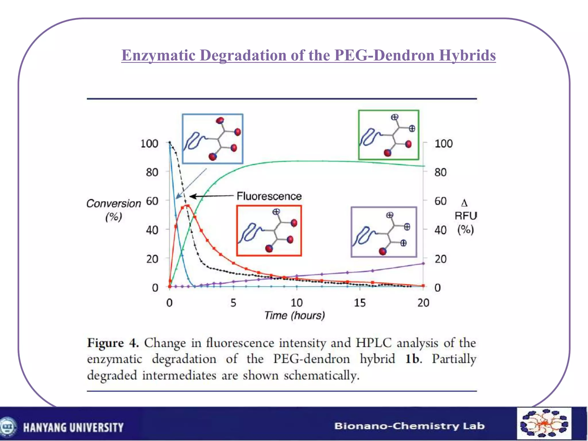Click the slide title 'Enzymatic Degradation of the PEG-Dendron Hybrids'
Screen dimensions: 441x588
(308, 55)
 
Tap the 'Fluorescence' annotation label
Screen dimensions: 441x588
(269, 196)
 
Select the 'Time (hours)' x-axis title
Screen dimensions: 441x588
(295, 316)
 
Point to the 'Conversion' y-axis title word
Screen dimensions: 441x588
(114, 204)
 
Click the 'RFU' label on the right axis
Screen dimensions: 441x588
(465, 216)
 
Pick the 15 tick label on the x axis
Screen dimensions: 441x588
(360, 303)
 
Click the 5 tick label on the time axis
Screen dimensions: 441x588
(233, 303)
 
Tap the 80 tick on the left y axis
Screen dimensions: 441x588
(152, 172)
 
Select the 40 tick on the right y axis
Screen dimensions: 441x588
(440, 230)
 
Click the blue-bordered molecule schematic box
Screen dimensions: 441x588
(212, 139)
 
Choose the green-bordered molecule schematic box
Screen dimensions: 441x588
(388, 135)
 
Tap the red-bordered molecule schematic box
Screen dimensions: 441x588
(269, 231)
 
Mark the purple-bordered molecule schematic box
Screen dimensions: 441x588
(384, 232)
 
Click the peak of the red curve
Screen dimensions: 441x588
(187, 206)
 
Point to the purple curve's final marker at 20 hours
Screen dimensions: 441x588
(423, 263)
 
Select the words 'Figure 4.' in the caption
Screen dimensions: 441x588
(113, 343)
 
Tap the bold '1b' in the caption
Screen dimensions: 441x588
(413, 359)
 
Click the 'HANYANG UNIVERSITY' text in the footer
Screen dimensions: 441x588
(73, 428)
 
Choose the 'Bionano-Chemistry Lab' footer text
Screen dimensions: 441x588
(409, 426)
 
